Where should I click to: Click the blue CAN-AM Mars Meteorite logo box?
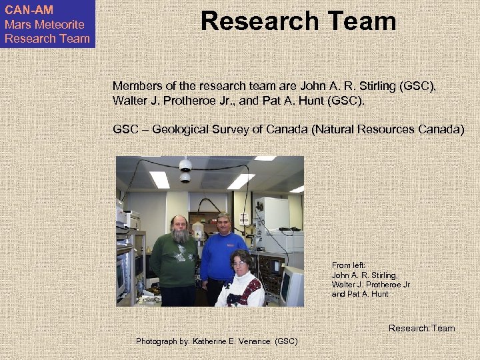coord(47,24)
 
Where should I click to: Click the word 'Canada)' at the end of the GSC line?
coord(440,129)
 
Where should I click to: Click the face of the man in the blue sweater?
coord(223,225)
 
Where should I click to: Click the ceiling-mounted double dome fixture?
coord(185,171)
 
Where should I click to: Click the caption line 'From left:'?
coord(347,265)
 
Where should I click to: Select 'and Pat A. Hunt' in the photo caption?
coord(360,294)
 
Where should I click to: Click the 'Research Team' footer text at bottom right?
coord(421,328)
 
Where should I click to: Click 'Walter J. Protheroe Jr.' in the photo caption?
coord(371,285)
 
